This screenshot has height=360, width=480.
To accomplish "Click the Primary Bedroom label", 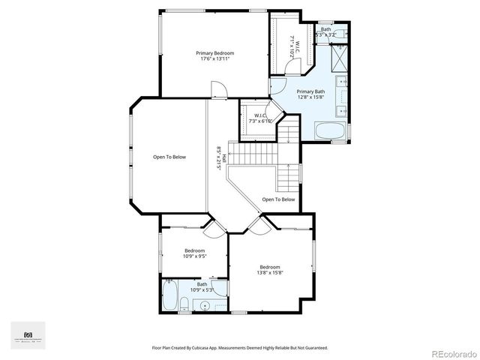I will coord(215,56).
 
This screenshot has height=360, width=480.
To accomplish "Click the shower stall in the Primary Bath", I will coord(339,57).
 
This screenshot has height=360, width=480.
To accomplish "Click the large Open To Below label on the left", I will coord(169,157).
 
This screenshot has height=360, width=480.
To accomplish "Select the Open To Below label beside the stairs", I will coord(278,199).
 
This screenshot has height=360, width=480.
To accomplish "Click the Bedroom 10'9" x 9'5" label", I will coord(194,253).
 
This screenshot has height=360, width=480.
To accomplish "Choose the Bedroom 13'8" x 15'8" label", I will coord(270,270).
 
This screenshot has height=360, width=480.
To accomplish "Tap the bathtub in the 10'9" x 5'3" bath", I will coord(169,296).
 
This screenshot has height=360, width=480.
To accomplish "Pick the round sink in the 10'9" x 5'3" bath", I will coord(204,304).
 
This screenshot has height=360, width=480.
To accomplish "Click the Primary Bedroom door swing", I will coord(218,91).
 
